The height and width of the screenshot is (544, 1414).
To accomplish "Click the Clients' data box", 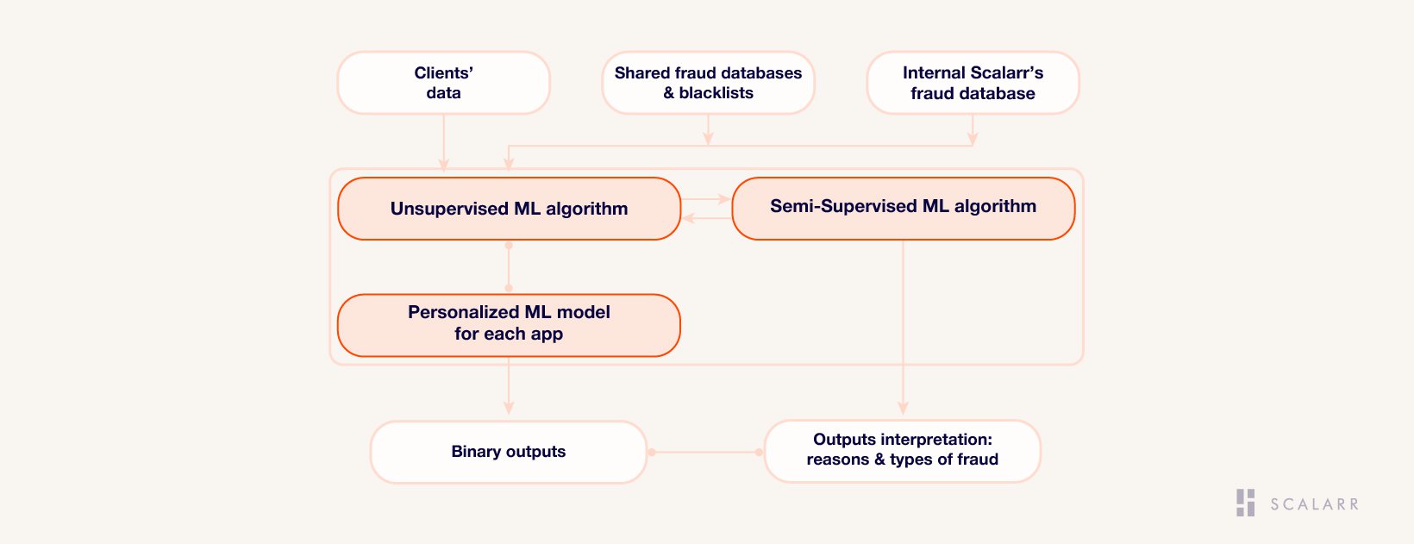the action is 444,83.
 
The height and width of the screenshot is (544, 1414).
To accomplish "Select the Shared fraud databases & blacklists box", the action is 708,83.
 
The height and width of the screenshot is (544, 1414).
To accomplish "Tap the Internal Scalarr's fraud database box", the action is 973,83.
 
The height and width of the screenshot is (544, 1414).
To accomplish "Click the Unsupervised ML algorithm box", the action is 509,209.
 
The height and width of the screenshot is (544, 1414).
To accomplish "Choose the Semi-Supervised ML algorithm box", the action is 904,209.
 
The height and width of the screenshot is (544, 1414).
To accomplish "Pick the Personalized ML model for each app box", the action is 509,325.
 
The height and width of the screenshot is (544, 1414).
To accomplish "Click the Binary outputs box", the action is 509,452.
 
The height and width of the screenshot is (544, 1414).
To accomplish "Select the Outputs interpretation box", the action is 903,451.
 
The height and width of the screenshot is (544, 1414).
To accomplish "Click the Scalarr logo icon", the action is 1246,503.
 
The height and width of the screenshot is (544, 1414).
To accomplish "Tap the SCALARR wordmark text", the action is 1314,504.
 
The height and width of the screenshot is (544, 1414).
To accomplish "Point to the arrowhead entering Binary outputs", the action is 509,407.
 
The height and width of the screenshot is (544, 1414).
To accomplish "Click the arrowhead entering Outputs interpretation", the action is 903,407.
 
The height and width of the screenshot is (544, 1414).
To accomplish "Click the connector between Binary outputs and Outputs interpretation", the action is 706,452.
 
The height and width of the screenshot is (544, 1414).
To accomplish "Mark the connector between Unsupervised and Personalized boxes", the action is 509,266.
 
